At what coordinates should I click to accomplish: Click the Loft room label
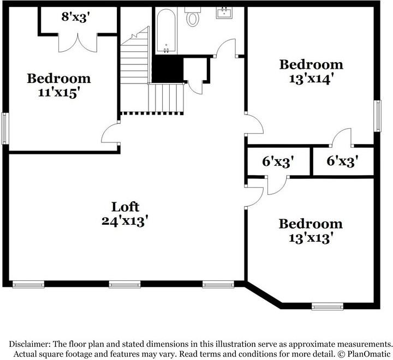[125, 207]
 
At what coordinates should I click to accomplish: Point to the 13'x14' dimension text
[312, 79]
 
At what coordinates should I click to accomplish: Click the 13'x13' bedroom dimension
[311, 238]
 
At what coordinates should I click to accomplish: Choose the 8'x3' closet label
[75, 17]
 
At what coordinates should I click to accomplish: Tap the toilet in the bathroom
[193, 16]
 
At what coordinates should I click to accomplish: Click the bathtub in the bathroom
[166, 31]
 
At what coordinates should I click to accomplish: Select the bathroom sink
[224, 13]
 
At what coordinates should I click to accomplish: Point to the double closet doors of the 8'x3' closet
[78, 43]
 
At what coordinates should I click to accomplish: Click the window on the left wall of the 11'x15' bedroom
[5, 129]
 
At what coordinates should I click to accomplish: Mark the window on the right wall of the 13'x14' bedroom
[377, 116]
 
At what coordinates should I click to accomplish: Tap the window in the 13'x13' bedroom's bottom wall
[327, 306]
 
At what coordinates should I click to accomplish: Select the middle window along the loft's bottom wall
[124, 284]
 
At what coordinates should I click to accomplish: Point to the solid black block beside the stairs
[168, 69]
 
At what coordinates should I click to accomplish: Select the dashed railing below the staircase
[152, 113]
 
